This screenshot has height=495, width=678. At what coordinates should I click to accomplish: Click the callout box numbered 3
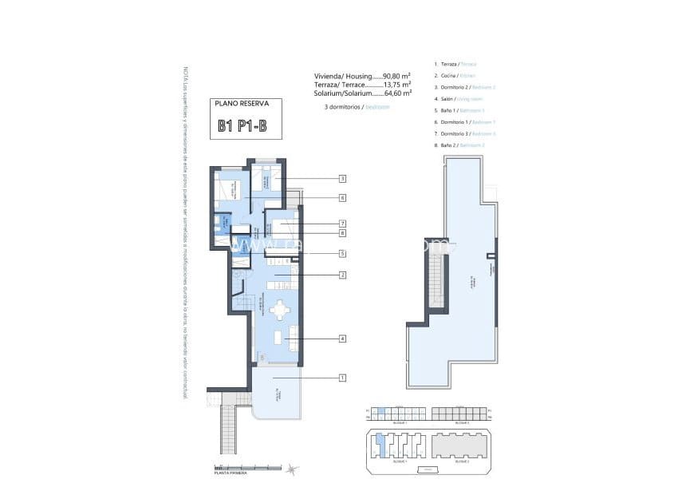[x=341, y=179]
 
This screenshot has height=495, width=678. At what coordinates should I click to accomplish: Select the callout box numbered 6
[x=341, y=197]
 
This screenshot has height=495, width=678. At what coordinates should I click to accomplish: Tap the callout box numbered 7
[x=341, y=224]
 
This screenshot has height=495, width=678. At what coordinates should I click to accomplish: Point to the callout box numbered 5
[x=341, y=254]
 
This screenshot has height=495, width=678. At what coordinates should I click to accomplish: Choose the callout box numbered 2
[x=341, y=275]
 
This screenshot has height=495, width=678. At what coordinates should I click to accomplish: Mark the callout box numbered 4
[x=341, y=339]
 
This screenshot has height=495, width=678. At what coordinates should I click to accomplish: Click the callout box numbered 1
[x=341, y=378]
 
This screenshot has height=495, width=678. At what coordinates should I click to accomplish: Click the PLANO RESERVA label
[x=243, y=104]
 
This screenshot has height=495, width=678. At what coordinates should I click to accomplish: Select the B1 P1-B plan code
[x=242, y=126]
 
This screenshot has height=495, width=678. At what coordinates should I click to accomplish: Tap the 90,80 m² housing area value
[x=396, y=76]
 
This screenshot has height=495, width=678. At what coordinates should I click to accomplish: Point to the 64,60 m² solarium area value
[x=396, y=93]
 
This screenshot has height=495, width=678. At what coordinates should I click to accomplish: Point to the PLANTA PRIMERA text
[x=231, y=473]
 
